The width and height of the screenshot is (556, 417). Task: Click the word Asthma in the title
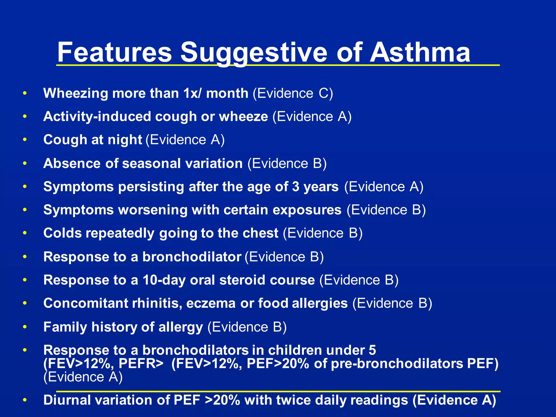(420, 52)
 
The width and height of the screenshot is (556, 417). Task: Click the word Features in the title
(114, 52)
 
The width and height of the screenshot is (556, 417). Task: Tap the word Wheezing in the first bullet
(75, 94)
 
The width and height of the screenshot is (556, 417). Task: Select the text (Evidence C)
(293, 94)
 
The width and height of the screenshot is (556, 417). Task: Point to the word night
(125, 140)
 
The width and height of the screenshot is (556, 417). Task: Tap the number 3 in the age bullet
(295, 187)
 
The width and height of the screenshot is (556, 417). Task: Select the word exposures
(307, 210)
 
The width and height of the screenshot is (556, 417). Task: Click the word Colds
(62, 233)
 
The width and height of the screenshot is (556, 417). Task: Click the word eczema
(211, 303)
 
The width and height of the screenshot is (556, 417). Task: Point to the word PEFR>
(141, 364)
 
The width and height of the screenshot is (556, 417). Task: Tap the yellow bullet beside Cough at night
(25, 140)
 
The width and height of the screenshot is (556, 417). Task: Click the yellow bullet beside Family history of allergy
(25, 327)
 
